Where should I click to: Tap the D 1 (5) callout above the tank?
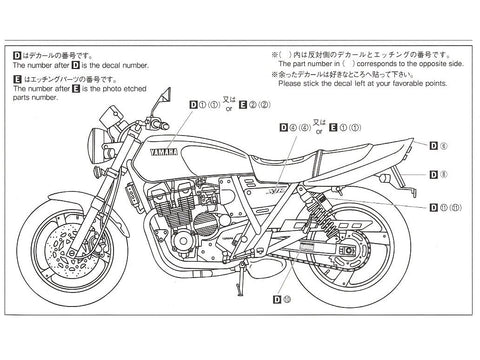click(203, 103)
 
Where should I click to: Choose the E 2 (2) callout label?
click(257, 103)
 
